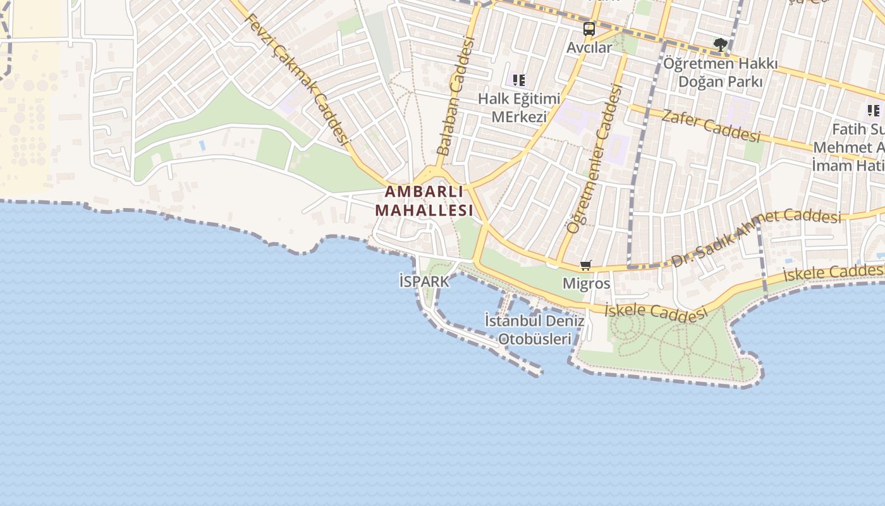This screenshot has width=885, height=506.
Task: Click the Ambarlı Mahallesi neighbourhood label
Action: tap(424, 201)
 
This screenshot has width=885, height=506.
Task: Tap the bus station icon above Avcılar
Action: tap(589, 28)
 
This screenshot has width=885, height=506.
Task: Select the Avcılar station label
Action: tap(589, 47)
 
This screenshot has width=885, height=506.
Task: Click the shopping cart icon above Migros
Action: tap(586, 266)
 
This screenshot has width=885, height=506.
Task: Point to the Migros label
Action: tap(587, 283)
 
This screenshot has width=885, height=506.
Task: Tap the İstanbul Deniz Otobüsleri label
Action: tap(534, 330)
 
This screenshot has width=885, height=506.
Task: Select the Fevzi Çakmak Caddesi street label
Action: tap(297, 78)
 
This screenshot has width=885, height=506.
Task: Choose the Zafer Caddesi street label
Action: tap(711, 125)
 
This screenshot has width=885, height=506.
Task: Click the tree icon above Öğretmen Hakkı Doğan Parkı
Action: tap(720, 44)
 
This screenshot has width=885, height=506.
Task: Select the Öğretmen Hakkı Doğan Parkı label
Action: tap(720, 73)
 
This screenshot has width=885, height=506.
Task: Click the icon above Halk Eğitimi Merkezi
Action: tap(519, 80)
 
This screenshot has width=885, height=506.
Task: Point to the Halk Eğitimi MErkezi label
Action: tap(519, 108)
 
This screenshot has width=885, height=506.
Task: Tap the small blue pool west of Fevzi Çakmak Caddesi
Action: tap(202, 145)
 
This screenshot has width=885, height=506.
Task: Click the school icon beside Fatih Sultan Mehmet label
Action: tap(874, 111)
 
